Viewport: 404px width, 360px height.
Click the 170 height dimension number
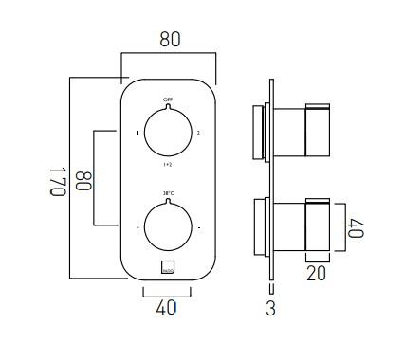click(x=56, y=180)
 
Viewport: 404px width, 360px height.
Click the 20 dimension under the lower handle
click(x=316, y=273)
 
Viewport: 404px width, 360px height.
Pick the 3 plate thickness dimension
click(x=270, y=309)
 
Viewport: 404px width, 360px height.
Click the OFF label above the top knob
click(x=168, y=99)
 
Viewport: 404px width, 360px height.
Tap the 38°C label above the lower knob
click(x=168, y=193)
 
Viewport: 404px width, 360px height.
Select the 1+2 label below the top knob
click(x=168, y=164)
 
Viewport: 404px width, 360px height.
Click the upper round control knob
click(x=168, y=132)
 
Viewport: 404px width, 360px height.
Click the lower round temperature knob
click(x=168, y=227)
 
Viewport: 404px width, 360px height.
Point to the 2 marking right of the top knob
click(x=198, y=133)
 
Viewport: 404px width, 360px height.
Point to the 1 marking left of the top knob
click(x=138, y=133)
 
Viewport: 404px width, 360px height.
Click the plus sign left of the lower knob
click(x=138, y=228)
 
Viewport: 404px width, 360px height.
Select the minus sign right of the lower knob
click(x=198, y=228)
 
